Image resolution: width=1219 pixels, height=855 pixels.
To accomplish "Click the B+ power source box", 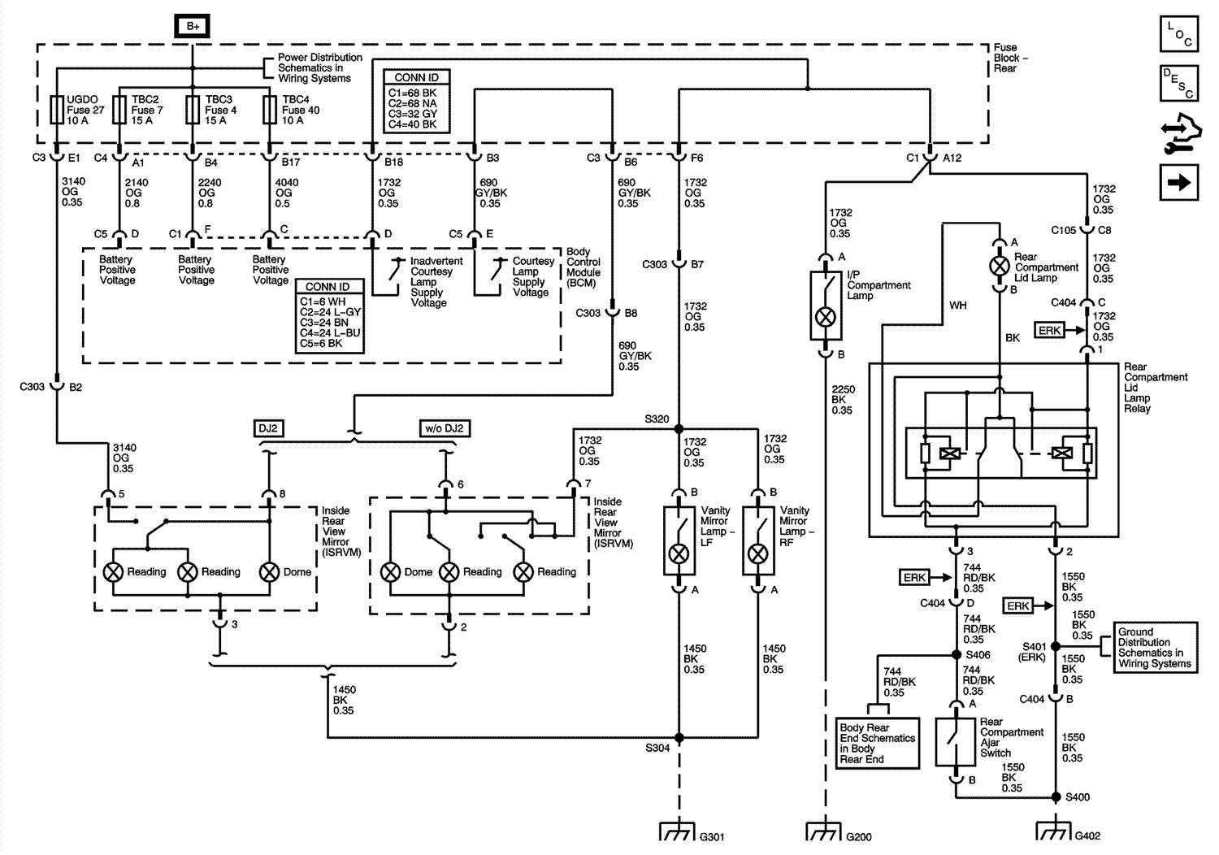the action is coord(192,26).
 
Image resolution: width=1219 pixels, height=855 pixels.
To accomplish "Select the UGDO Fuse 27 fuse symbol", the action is coord(57,110).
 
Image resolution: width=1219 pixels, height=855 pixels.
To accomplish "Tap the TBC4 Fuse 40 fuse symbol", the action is coord(270,110).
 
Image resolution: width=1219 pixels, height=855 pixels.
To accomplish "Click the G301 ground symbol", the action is coord(678,831).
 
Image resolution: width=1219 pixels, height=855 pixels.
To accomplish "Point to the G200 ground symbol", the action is coord(825,831).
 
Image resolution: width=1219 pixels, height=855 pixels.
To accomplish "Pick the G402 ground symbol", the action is coord(1055,830).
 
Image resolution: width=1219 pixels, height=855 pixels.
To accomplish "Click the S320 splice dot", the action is coord(679,429).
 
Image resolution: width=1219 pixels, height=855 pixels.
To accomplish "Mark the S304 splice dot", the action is coord(679,737).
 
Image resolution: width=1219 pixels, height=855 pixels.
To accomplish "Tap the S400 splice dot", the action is coord(1056,796).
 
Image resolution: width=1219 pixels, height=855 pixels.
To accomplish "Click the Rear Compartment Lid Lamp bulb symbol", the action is coord(999,266).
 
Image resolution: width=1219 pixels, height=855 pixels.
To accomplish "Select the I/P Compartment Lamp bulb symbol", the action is coord(826,317).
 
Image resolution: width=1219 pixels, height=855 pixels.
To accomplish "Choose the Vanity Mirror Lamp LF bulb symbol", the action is coord(679,554).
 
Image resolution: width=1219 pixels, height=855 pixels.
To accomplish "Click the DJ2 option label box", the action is coord(268,428).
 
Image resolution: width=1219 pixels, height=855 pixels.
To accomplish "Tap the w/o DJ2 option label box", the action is coord(445,428).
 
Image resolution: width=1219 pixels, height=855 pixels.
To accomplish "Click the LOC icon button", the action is coord(1179,34).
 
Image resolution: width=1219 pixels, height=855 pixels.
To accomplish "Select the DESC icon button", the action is coord(1179,83).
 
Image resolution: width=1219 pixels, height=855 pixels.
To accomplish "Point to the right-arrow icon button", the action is coord(1179,182).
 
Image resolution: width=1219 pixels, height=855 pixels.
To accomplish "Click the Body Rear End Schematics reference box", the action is coord(877,743).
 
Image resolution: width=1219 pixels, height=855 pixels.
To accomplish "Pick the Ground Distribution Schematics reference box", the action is coord(1156,648).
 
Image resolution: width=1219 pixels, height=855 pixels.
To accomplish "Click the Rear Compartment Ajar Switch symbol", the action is coord(956,742).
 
